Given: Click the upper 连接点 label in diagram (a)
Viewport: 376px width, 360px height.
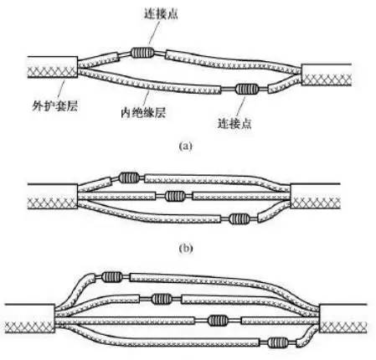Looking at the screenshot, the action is click(161, 13).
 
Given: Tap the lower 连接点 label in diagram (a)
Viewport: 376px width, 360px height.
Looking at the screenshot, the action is click(234, 123).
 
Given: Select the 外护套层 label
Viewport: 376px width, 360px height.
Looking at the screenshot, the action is click(54, 105).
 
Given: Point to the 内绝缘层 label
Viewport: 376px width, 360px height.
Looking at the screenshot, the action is click(143, 112).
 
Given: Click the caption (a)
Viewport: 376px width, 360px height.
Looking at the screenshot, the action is click(185, 146).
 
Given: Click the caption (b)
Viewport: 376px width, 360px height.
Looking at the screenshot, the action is click(185, 248).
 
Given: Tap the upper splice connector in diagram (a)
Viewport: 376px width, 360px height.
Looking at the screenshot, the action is click(142, 52).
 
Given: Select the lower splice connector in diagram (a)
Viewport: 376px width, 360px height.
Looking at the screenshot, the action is click(247, 89).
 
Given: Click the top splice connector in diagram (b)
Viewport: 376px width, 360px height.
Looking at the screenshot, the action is click(129, 177).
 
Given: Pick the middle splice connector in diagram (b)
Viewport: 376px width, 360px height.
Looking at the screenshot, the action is click(175, 196).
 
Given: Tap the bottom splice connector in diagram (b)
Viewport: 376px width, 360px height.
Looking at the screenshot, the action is click(240, 219).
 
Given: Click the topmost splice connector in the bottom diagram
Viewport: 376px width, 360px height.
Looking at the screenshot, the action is click(111, 276).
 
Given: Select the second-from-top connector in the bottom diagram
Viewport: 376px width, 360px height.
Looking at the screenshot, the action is click(162, 299).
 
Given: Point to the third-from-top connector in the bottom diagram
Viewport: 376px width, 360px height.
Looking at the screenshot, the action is click(218, 321).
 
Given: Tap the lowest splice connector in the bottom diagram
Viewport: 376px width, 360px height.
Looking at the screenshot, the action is click(278, 342).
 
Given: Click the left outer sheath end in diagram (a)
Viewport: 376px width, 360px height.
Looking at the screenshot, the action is click(53, 67).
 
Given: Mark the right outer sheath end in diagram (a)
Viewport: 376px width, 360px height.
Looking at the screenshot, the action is click(326, 75).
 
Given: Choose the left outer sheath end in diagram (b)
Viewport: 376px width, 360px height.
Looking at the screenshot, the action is click(53, 197).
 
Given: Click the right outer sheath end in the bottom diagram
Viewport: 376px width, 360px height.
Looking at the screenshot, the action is click(343, 318).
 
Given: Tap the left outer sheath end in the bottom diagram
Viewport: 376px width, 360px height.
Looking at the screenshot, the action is click(30, 318).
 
